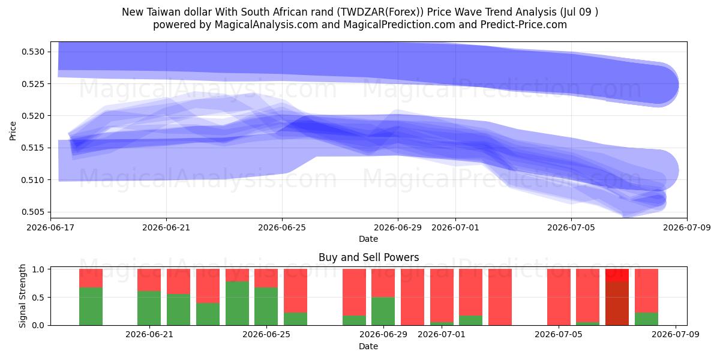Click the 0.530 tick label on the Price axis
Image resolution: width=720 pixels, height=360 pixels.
(x=33, y=52)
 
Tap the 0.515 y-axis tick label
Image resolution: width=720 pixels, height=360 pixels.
(x=33, y=148)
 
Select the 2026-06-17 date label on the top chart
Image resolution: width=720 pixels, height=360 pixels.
(x=50, y=227)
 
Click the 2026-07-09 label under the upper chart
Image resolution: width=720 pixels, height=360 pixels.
(x=687, y=227)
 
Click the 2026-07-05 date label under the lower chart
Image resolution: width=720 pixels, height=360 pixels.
(x=559, y=334)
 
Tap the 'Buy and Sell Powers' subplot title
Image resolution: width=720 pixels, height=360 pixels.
(x=368, y=257)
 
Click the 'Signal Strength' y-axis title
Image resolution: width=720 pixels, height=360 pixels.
(x=22, y=296)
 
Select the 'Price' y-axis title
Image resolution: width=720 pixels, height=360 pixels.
(x=13, y=131)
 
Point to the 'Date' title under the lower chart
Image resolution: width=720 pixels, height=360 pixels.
(x=368, y=346)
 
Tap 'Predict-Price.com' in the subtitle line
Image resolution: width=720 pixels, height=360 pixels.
(x=524, y=25)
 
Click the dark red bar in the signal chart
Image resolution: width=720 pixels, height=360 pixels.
(x=617, y=303)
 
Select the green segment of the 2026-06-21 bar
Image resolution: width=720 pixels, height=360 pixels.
(x=149, y=308)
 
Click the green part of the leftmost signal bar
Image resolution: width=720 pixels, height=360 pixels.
(x=91, y=307)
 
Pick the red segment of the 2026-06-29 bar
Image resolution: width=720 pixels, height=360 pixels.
(x=383, y=283)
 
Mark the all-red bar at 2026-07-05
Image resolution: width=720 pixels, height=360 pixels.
(x=559, y=297)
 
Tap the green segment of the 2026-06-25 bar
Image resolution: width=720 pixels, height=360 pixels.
(x=266, y=307)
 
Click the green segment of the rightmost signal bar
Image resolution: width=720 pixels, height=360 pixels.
(x=646, y=319)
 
